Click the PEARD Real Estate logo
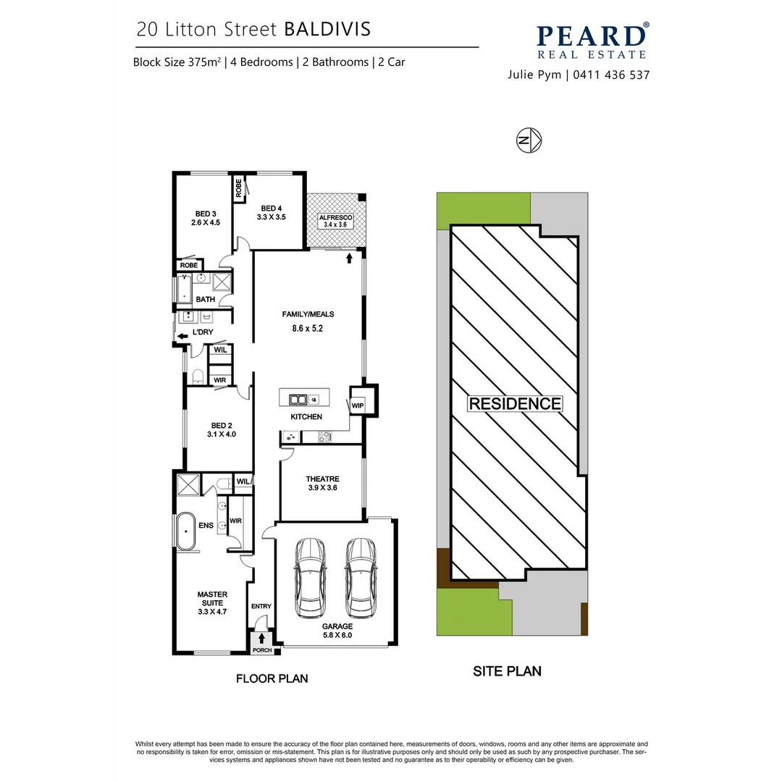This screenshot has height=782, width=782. (592, 41)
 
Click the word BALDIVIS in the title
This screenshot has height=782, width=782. (327, 29)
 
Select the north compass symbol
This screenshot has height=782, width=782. (530, 140)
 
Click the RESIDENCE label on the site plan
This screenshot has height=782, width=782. (515, 404)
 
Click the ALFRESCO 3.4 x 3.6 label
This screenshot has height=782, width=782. (335, 221)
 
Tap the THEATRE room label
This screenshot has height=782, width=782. (322, 483)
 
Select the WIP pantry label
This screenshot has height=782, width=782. (358, 405)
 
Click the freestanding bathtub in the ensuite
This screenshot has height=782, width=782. (186, 534)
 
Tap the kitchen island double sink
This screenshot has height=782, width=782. (298, 399)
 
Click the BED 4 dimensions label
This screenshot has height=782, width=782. (272, 216)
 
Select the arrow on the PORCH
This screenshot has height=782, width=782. (261, 639)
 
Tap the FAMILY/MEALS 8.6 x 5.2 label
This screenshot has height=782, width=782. (308, 321)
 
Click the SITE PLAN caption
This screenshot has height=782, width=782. (507, 671)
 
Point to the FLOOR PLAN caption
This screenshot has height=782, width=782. (272, 678)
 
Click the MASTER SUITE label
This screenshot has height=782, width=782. (212, 602)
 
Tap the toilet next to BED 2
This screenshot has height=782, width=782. (198, 375)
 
